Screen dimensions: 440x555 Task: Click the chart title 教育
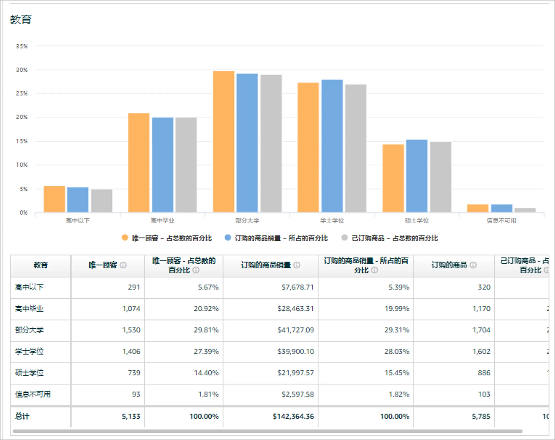[x=21, y=20]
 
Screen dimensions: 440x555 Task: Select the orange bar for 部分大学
[x=224, y=142]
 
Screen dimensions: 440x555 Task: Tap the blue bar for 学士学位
[x=332, y=146]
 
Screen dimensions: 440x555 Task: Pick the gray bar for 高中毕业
[x=186, y=165]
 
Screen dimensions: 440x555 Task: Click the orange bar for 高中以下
[x=54, y=199]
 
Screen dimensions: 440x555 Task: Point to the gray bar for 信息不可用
[x=525, y=210]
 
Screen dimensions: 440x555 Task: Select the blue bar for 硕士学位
[x=417, y=176]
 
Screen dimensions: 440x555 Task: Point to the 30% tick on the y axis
[x=22, y=70]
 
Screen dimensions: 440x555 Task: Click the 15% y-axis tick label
[x=22, y=141]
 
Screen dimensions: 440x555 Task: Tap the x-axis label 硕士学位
[x=417, y=221]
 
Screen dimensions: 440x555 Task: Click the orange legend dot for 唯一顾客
[x=125, y=238]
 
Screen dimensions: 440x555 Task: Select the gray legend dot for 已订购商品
[x=344, y=238]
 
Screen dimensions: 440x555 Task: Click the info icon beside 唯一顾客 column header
[x=123, y=265]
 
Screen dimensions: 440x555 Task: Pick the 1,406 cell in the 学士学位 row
[x=131, y=351]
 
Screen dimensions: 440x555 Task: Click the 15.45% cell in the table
[x=397, y=373]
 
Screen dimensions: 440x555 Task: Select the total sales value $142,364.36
[x=293, y=416]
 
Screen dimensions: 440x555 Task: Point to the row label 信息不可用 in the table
[x=33, y=394]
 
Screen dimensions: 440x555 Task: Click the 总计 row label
[x=22, y=416]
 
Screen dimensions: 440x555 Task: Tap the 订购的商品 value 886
[x=484, y=373]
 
